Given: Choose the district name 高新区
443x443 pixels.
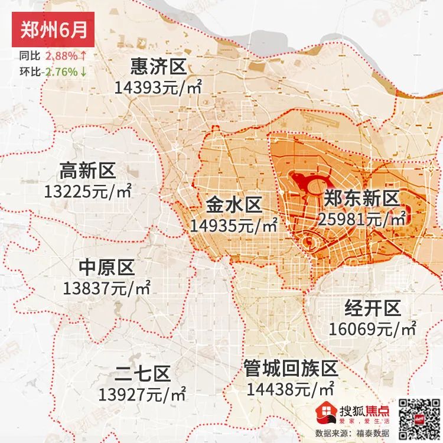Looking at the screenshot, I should tap(87, 171).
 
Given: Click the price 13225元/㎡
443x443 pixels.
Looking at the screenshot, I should tap(87, 192).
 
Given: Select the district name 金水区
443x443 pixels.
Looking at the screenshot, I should tap(234, 205).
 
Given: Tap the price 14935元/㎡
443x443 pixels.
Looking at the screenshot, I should tap(234, 226).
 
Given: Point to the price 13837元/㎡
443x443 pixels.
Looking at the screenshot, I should tap(107, 289).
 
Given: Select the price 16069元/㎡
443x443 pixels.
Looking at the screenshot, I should tap(373, 328).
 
